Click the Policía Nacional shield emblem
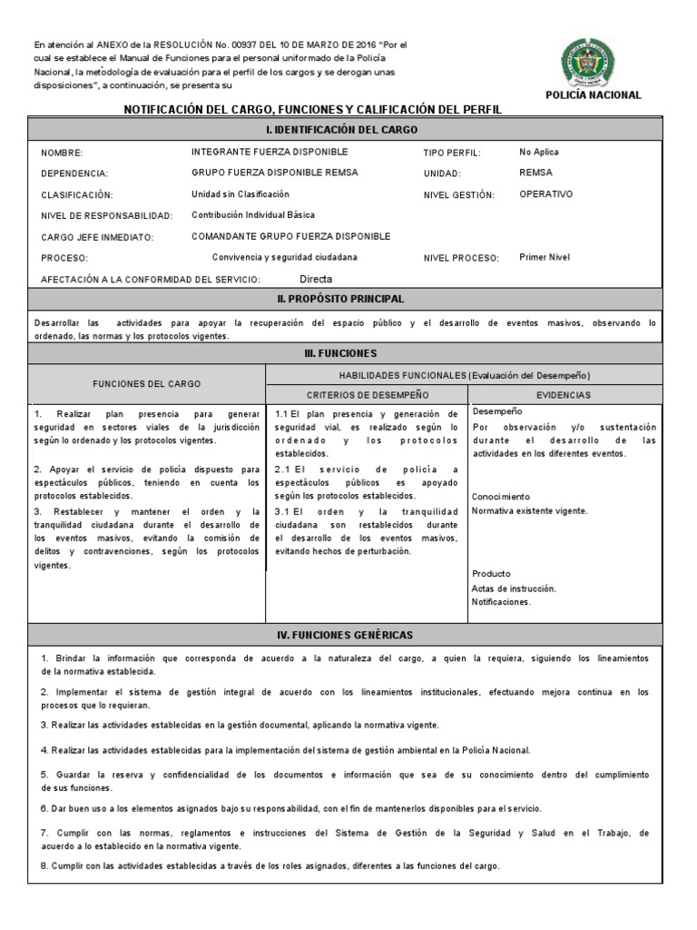(x=593, y=61)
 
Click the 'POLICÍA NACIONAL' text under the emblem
(x=593, y=94)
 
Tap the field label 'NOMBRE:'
(x=62, y=153)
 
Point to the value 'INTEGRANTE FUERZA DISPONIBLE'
(x=269, y=152)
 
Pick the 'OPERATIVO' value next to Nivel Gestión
(x=545, y=193)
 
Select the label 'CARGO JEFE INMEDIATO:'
(x=97, y=237)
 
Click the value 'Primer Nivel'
(x=545, y=257)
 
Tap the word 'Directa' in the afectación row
(x=316, y=280)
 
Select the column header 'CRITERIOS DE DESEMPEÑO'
(x=368, y=395)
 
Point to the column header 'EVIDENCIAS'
(x=564, y=395)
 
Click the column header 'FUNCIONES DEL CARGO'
(x=147, y=384)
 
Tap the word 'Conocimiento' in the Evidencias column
(x=500, y=497)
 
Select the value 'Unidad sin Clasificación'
(x=241, y=193)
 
